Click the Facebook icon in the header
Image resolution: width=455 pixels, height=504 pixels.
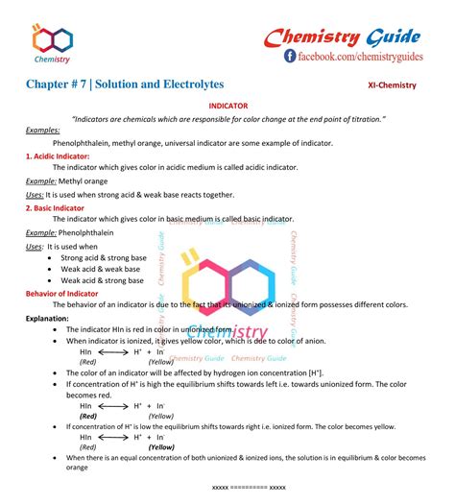pyautogui.click(x=290, y=58)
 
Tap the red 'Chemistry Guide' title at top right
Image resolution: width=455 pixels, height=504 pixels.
pyautogui.click(x=343, y=36)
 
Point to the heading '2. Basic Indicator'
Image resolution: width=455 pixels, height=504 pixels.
pyautogui.click(x=57, y=206)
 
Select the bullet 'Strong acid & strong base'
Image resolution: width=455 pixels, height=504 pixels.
pyautogui.click(x=104, y=258)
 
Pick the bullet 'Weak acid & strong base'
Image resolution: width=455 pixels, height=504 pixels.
pyautogui.click(x=104, y=280)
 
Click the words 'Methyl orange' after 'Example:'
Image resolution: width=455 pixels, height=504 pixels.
pyautogui.click(x=83, y=180)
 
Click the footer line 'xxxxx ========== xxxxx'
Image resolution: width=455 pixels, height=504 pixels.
pyautogui.click(x=249, y=488)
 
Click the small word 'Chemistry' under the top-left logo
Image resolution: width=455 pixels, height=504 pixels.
pyautogui.click(x=51, y=60)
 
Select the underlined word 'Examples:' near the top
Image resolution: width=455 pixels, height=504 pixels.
pyautogui.click(x=42, y=129)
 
